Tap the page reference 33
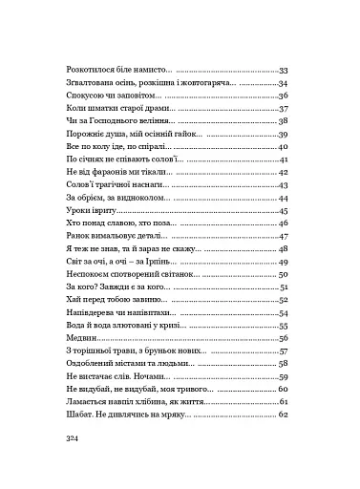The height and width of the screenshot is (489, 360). pyautogui.click(x=283, y=72)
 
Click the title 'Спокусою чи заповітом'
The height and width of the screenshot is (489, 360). pyautogui.click(x=111, y=96)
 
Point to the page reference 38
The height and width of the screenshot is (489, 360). pyautogui.click(x=283, y=122)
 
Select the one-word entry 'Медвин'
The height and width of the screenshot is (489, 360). pyautogui.click(x=76, y=338)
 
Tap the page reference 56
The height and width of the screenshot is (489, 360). pyautogui.click(x=283, y=338)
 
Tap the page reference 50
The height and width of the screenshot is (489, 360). pyautogui.click(x=283, y=274)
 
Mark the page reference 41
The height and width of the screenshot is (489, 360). pyautogui.click(x=283, y=159)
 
